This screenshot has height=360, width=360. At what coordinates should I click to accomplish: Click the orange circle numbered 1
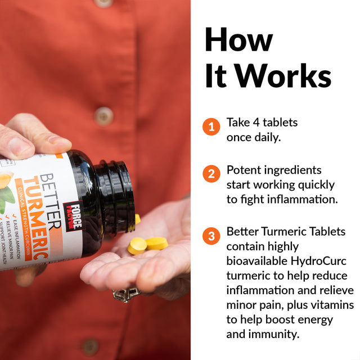[211, 127]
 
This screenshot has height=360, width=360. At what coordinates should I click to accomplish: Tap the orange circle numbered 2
[211, 174]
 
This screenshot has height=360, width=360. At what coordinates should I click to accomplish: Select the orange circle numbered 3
[211, 236]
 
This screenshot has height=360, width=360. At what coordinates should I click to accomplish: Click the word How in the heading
[238, 40]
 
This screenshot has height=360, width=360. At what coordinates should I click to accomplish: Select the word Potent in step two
[245, 169]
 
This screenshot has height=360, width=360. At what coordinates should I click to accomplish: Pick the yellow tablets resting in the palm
[147, 245]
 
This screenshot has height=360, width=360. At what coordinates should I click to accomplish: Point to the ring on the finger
[126, 294]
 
